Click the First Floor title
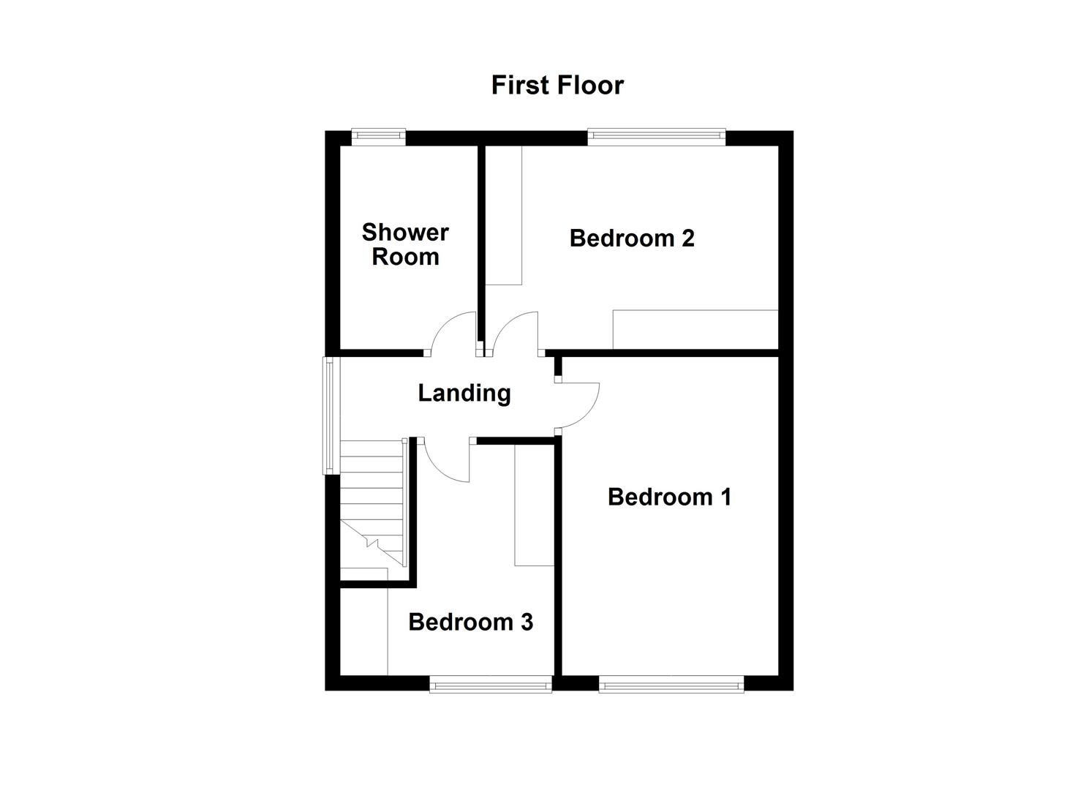tap(557, 85)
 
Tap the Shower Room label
tap(405, 244)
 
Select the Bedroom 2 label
tap(632, 238)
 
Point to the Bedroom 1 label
tap(669, 497)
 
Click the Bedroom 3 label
tap(470, 622)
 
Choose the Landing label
tap(464, 393)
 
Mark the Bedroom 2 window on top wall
tap(656, 135)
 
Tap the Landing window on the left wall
tap(330, 415)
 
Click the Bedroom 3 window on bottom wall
tap(490, 685)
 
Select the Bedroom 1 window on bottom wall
tap(671, 685)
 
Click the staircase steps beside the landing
tap(372, 497)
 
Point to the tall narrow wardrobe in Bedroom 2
tap(504, 216)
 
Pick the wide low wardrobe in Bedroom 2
tap(695, 329)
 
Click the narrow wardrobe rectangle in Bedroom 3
tap(534, 505)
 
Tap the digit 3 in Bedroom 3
tap(527, 622)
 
